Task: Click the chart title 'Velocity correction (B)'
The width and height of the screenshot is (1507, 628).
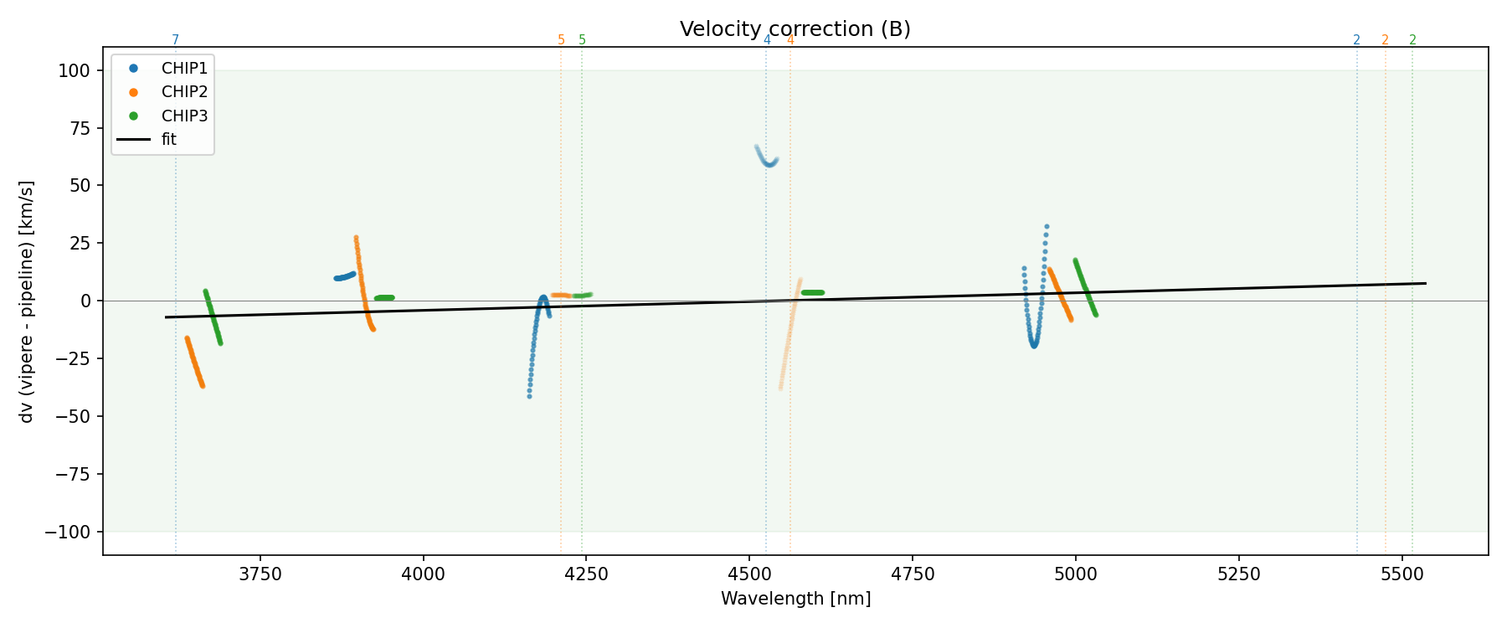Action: (795, 29)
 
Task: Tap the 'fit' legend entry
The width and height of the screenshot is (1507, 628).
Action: (169, 140)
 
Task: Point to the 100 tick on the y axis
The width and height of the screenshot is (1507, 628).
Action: (74, 70)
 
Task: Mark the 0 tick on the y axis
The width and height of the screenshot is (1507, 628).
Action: (85, 301)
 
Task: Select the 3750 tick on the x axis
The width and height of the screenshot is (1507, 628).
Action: (260, 574)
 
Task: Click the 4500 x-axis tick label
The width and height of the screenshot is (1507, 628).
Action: (749, 574)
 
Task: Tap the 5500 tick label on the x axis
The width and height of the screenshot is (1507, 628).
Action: (1402, 574)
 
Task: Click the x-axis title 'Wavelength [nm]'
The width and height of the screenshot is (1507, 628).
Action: (795, 599)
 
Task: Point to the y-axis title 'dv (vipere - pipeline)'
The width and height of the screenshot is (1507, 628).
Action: (27, 301)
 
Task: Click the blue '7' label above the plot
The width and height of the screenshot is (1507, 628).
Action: (175, 40)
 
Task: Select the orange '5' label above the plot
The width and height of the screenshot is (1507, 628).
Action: (561, 40)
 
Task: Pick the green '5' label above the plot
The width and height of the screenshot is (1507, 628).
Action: (583, 40)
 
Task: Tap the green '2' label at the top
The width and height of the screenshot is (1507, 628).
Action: (1412, 40)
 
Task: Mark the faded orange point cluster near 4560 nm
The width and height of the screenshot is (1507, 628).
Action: (790, 335)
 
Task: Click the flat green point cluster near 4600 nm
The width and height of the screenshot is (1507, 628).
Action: (812, 292)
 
